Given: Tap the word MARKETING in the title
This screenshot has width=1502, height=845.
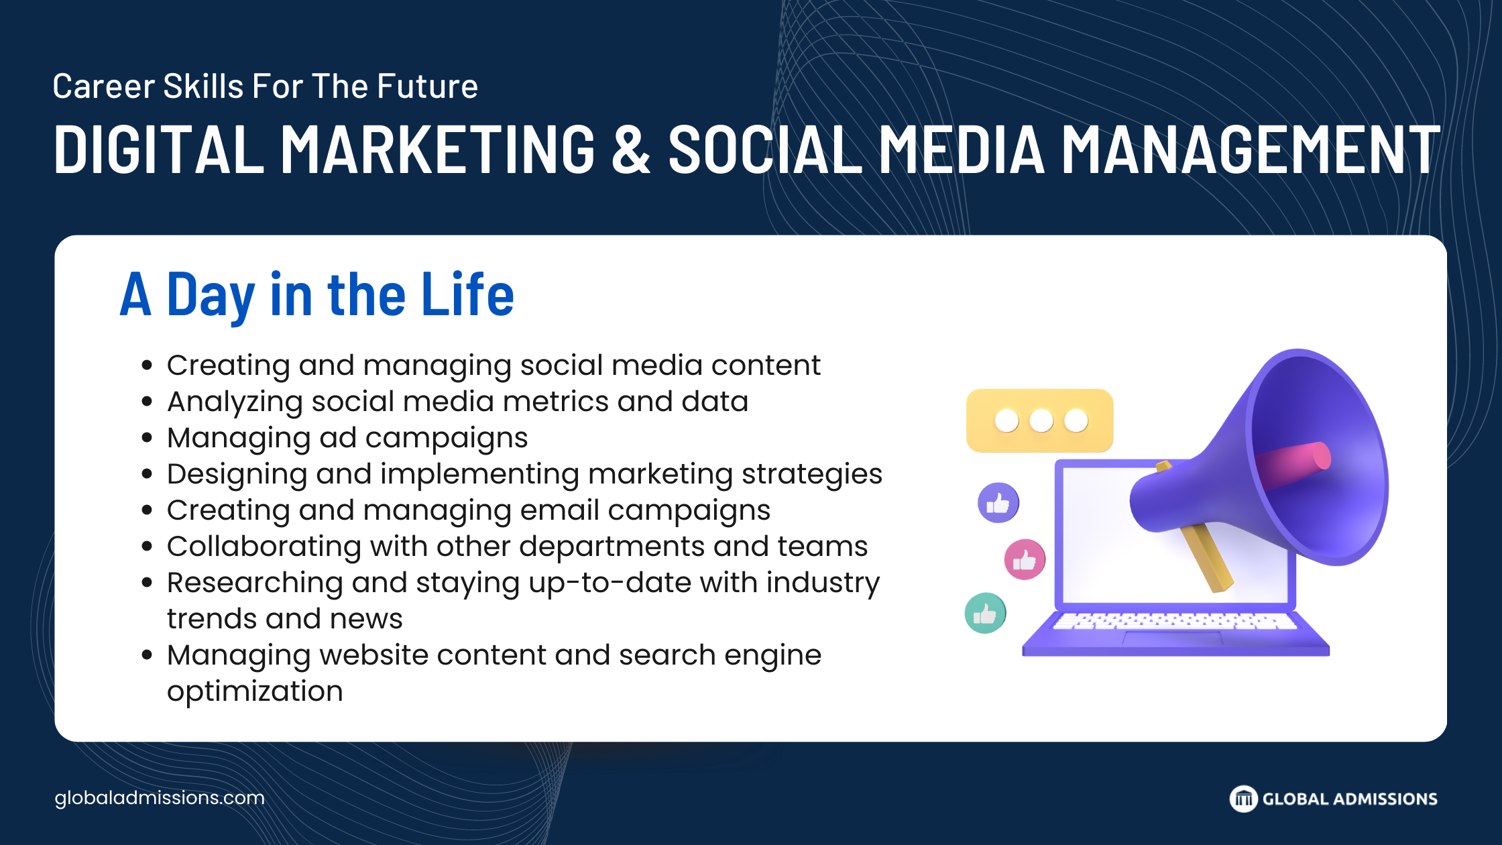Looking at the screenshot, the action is tap(438, 149).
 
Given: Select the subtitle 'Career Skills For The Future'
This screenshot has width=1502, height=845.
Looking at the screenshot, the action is tap(266, 87).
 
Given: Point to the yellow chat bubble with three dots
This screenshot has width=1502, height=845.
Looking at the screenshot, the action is tap(1040, 420).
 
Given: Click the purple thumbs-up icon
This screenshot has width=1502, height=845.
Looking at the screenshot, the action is tap(998, 502).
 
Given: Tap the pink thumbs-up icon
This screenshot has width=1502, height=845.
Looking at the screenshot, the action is tap(1025, 559).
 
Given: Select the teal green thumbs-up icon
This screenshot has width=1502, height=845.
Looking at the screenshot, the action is tap(985, 613).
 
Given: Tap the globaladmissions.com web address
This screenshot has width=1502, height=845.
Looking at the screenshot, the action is tap(160, 798).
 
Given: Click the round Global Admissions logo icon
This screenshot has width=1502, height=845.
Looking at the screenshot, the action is tap(1244, 799).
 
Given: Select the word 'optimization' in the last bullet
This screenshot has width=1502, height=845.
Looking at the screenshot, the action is tap(255, 691).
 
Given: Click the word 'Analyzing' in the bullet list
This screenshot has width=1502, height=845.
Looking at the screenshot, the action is tap(235, 402).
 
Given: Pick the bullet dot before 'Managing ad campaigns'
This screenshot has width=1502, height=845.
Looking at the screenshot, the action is tap(148, 438).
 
